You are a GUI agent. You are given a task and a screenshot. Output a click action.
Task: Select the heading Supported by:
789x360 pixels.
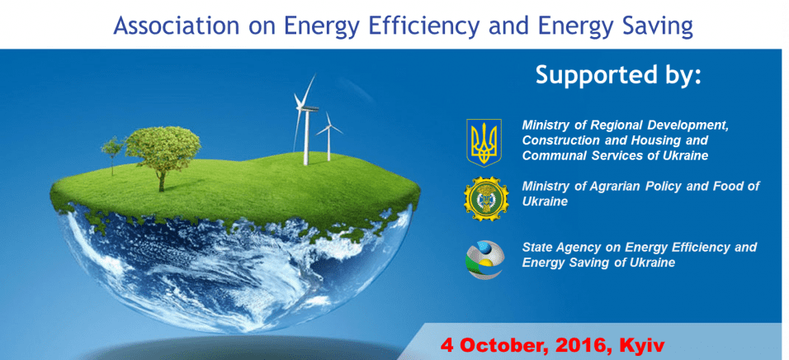(618, 75)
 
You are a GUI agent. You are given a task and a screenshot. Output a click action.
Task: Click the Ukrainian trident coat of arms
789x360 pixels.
(484, 142)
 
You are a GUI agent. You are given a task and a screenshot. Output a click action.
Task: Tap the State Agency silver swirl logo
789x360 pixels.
(484, 258)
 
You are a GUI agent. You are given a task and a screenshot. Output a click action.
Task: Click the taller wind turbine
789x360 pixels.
(305, 121)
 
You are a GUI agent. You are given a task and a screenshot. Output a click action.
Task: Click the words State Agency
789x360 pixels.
(561, 248)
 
